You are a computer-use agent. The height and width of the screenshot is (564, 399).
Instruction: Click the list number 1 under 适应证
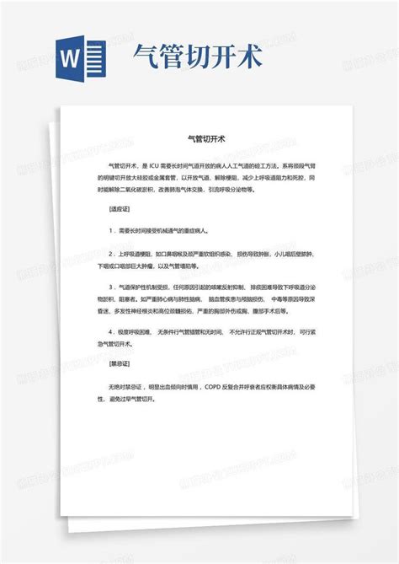pyautogui.click(x=110, y=230)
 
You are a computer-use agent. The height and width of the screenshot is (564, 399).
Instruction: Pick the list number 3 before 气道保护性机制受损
pyautogui.click(x=110, y=287)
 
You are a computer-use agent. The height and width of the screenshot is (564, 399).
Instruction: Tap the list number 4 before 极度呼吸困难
pyautogui.click(x=110, y=332)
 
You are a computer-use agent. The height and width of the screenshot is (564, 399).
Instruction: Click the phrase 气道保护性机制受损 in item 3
pyautogui.click(x=146, y=287)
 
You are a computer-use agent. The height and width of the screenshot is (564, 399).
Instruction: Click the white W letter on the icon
pyautogui.click(x=72, y=58)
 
